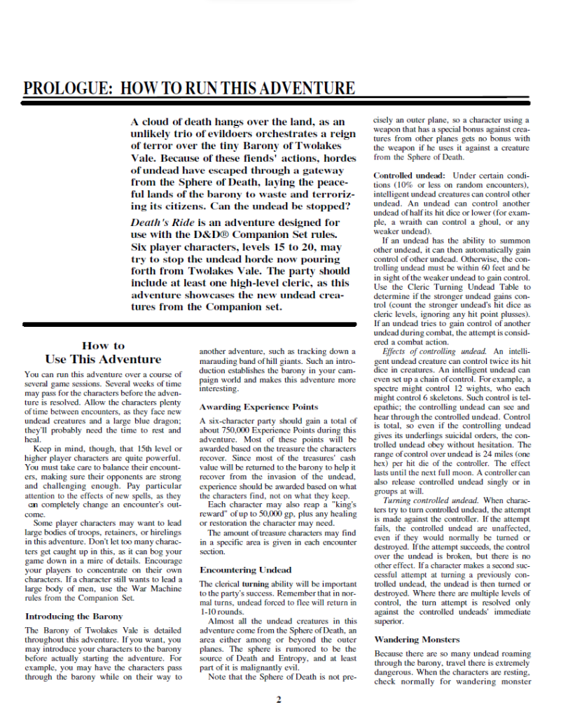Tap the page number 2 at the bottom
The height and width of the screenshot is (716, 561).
point(278,699)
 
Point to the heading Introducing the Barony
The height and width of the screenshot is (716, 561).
point(74,616)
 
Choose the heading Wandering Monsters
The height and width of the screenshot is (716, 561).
point(417,640)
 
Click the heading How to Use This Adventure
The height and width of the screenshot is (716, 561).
point(103,352)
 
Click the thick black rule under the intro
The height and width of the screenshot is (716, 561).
point(188,325)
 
